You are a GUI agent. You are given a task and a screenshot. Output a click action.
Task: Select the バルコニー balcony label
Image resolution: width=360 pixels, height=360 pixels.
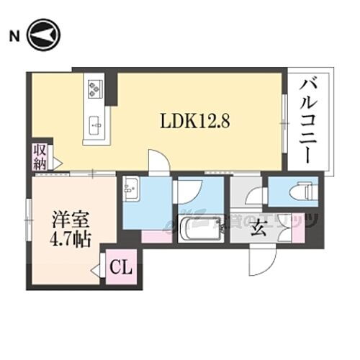[x=311, y=122]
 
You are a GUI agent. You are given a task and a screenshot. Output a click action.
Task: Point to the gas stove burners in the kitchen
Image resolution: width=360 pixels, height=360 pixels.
[x=95, y=88]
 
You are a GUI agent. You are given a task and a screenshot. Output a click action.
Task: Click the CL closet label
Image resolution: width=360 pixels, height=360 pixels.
[x=120, y=269]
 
